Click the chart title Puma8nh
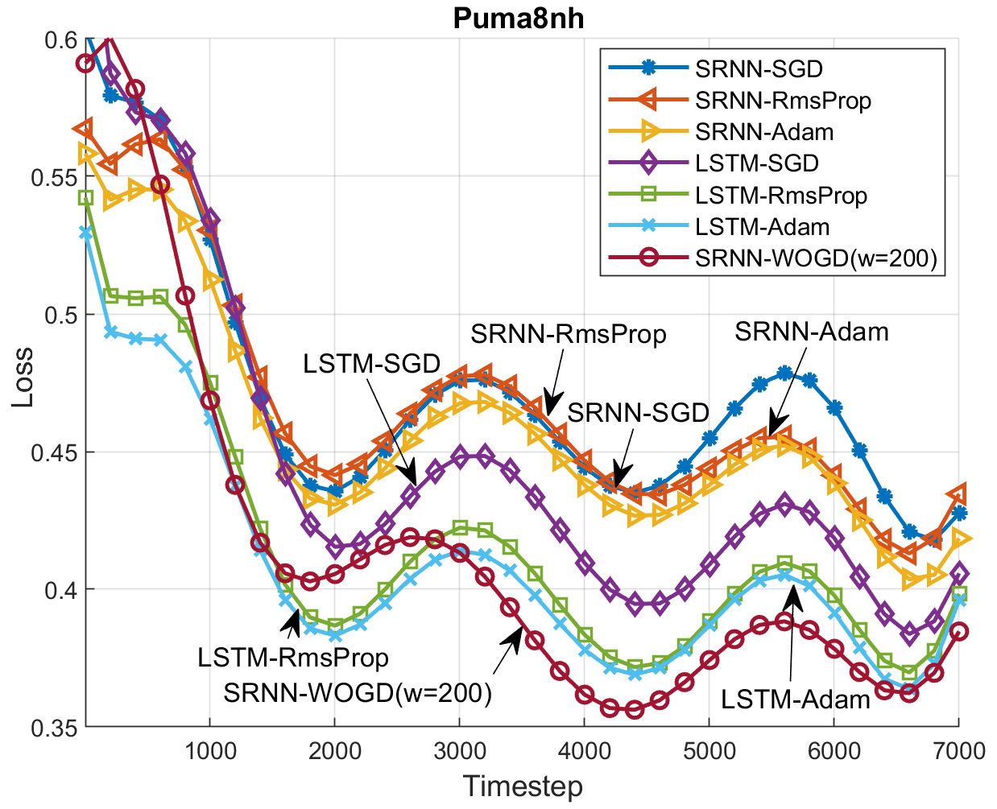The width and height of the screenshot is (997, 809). (x=518, y=18)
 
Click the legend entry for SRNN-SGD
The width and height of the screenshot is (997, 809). (x=759, y=68)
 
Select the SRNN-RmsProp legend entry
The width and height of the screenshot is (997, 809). (x=783, y=101)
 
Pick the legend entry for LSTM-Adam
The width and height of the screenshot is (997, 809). (x=762, y=227)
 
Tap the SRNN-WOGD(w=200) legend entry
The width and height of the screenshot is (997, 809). (x=816, y=258)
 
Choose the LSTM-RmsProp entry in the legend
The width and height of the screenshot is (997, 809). (x=781, y=196)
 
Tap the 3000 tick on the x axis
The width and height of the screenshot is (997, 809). (x=459, y=751)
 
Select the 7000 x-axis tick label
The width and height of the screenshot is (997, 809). (x=958, y=751)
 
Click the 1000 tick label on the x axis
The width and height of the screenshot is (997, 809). (x=210, y=751)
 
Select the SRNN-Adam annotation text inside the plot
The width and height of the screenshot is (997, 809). (x=811, y=332)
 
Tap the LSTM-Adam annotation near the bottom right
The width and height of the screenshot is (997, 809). (x=795, y=700)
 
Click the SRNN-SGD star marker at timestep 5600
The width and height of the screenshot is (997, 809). (x=784, y=374)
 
